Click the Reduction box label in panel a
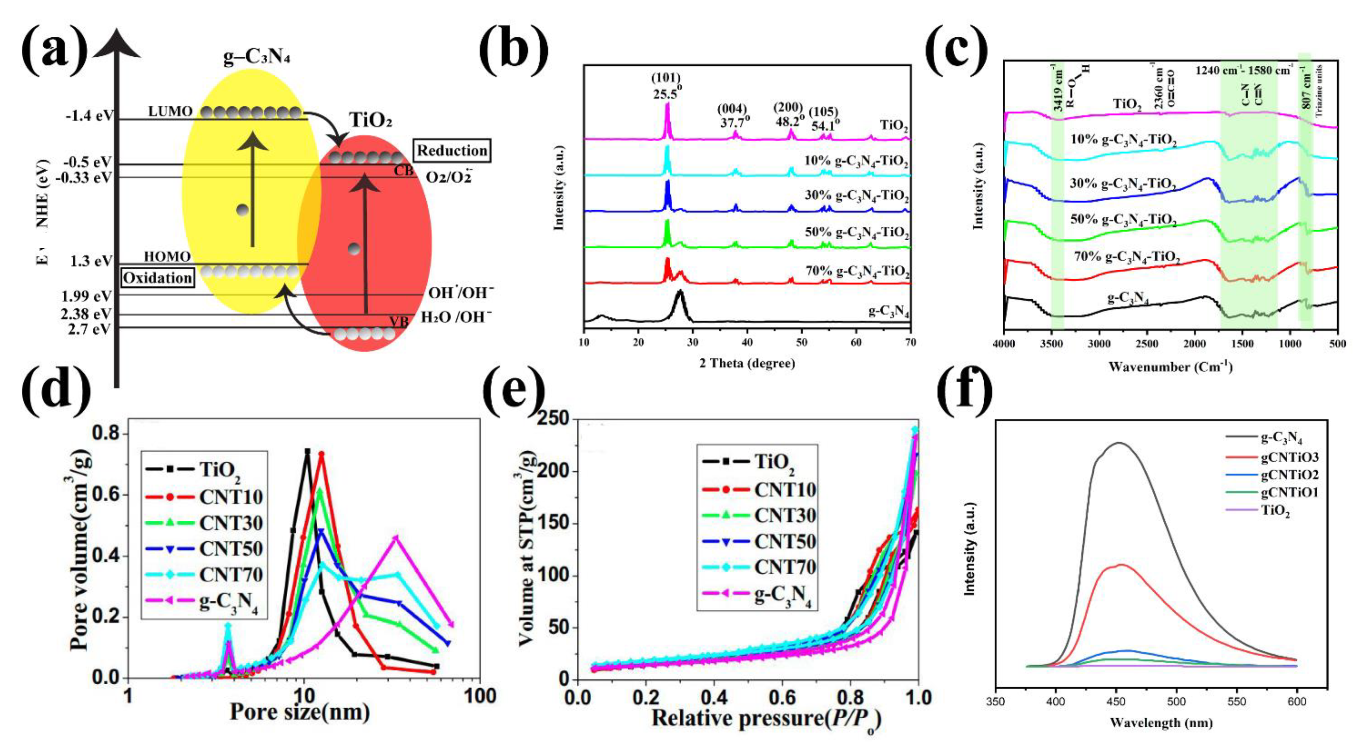[x=452, y=151]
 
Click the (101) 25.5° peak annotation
[x=668, y=87]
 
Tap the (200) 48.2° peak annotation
[x=790, y=113]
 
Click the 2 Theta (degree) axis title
[x=747, y=363]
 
